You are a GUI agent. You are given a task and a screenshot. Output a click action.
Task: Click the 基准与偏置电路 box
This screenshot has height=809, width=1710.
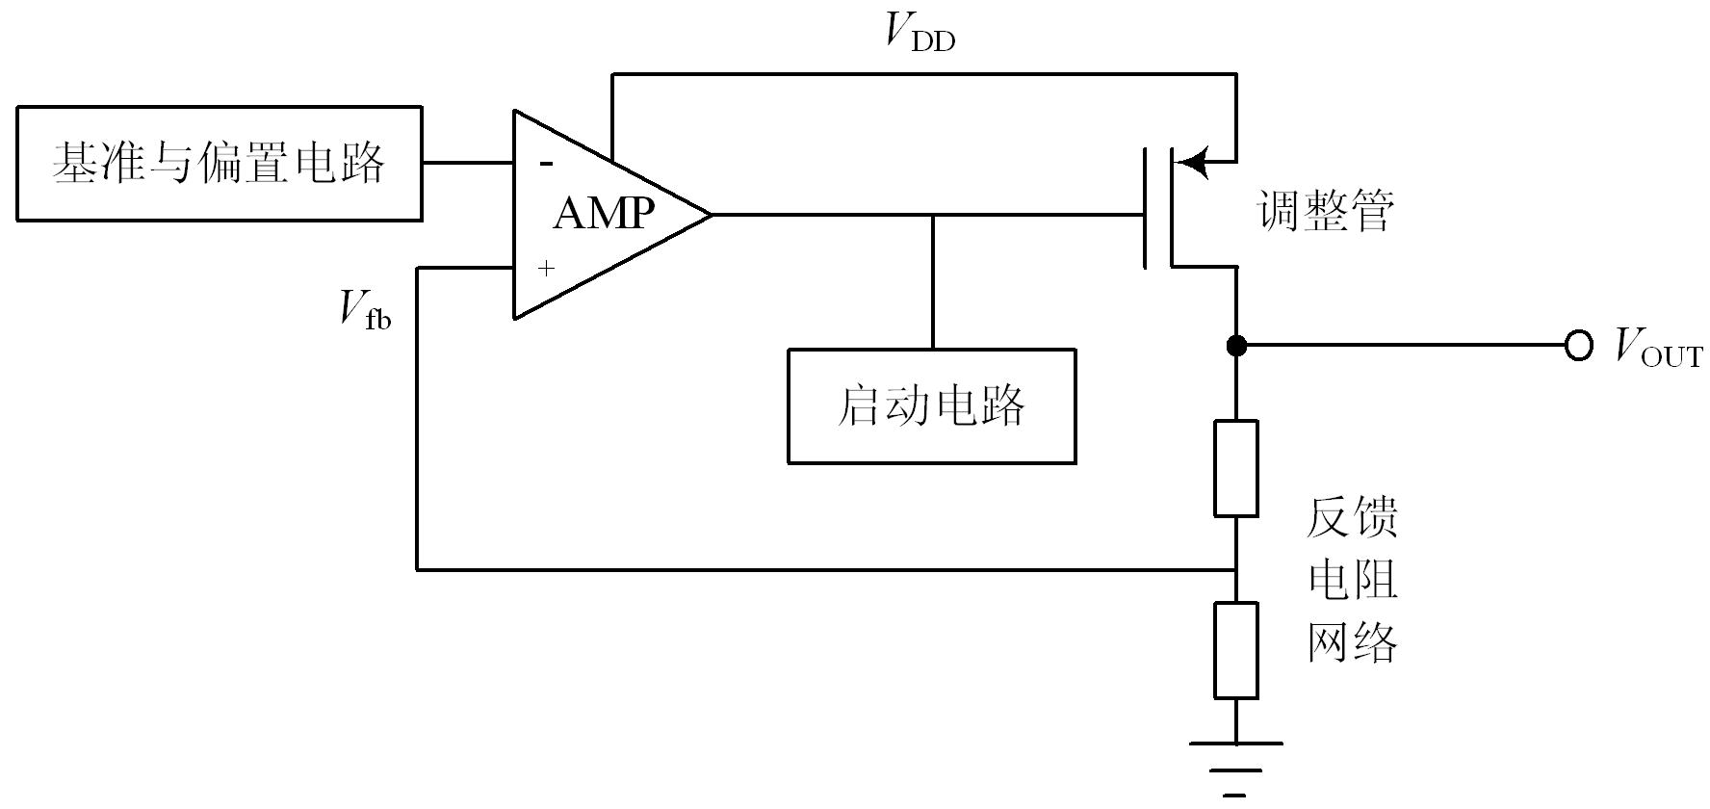point(220,164)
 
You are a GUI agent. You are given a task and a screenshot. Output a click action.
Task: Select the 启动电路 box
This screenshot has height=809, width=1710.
point(931,405)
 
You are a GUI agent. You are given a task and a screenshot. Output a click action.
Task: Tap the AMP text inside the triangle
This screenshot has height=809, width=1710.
point(604,213)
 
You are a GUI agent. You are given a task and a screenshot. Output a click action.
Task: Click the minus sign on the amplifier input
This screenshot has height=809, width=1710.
point(546,164)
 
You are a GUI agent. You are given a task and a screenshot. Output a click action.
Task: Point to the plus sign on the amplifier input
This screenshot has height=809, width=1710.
point(546,268)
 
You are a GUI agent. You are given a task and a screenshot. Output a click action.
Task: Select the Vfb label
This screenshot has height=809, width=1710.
point(365,310)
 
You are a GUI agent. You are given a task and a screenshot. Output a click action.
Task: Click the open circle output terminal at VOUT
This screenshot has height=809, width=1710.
point(1579,345)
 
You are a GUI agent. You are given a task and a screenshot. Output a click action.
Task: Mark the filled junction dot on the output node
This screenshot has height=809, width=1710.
point(1236,345)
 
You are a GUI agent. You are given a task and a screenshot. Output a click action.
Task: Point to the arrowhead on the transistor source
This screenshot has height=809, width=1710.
point(1192,162)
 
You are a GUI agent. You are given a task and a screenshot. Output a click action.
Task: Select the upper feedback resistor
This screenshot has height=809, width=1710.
point(1236,468)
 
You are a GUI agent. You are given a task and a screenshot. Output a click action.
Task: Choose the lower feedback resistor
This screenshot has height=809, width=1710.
point(1236,650)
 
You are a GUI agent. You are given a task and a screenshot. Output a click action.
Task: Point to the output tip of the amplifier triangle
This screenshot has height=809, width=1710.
point(710,214)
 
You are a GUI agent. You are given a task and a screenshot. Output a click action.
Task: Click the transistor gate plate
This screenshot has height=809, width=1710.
point(1146,207)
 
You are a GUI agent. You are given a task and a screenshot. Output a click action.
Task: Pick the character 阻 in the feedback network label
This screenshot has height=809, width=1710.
point(1375,579)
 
